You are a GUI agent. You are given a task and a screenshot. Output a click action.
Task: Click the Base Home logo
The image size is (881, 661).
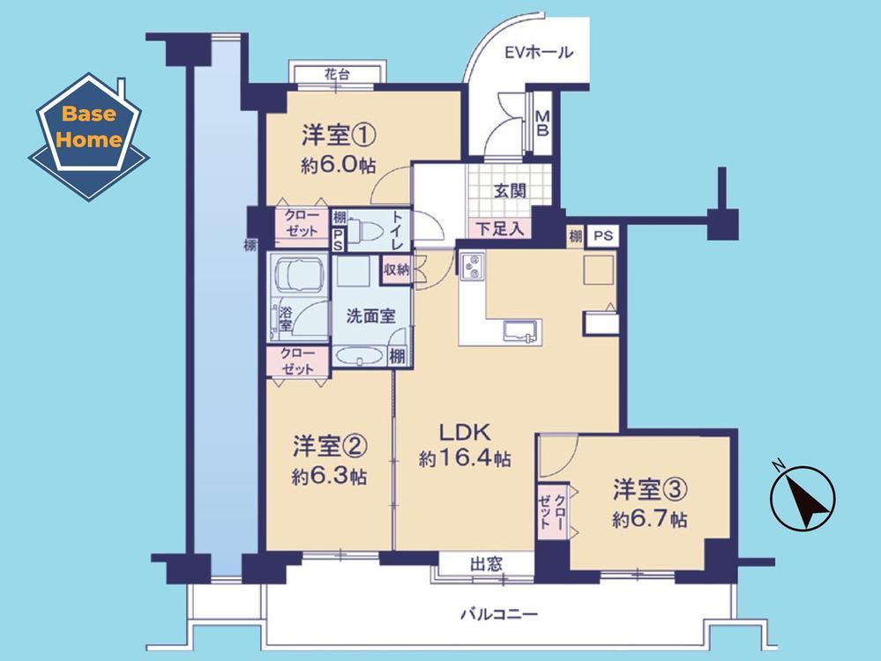point(89,137)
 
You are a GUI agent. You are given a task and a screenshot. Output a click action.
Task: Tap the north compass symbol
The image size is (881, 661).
point(803,498)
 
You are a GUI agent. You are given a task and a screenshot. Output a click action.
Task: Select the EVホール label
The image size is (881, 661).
point(539,53)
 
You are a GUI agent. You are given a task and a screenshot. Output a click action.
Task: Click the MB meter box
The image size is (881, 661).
point(542,123)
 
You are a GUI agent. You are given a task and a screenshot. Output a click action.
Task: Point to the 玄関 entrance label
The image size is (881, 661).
point(510,191)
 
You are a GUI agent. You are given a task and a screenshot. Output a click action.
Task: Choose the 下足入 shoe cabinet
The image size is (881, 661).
point(500,228)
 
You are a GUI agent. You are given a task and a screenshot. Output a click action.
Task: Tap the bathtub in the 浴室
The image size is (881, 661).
point(297,274)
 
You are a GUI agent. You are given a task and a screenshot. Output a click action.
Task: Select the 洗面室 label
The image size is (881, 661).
point(370,316)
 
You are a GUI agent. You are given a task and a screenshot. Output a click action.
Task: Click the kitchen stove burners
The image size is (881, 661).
point(473,267)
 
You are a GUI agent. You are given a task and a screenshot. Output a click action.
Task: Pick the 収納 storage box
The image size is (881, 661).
point(396,270)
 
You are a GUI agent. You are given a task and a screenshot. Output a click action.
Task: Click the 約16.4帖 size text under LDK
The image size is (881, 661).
point(465,459)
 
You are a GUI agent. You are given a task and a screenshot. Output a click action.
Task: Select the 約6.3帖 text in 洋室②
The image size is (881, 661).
point(329,477)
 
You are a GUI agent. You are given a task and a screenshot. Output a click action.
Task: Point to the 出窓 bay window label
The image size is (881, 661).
point(487,563)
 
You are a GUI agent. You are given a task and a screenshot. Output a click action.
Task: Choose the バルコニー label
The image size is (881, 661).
point(499,613)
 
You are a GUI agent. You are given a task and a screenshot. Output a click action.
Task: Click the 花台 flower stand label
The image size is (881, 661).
point(337,73)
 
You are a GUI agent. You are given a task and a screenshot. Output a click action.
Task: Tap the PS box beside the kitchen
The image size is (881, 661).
point(603,235)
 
